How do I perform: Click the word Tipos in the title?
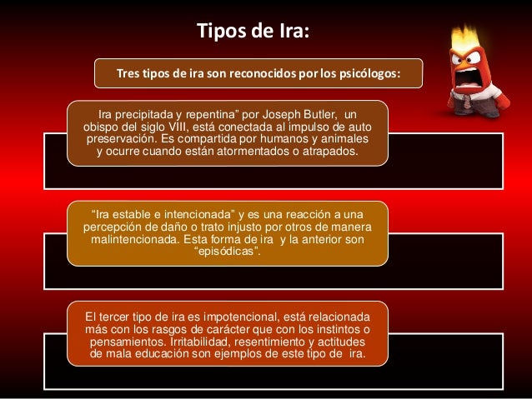point(218,32)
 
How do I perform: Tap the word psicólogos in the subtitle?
point(369,74)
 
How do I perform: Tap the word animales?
point(345,139)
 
